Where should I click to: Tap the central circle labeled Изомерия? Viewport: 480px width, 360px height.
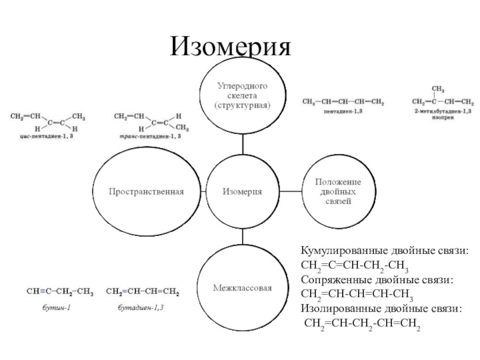pos(242,191)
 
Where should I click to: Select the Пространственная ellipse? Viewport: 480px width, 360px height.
pos(146,192)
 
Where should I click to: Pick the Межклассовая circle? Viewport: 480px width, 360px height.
pos(242,288)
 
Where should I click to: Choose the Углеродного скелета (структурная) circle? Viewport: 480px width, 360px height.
pos(242,96)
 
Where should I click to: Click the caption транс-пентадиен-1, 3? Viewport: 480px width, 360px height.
pos(149,137)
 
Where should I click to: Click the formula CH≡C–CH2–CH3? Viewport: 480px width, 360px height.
pos(60,293)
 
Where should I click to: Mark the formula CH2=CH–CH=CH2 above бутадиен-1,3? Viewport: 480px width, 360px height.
pos(142,293)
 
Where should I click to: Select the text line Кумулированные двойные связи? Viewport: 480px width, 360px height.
pos(385,251)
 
